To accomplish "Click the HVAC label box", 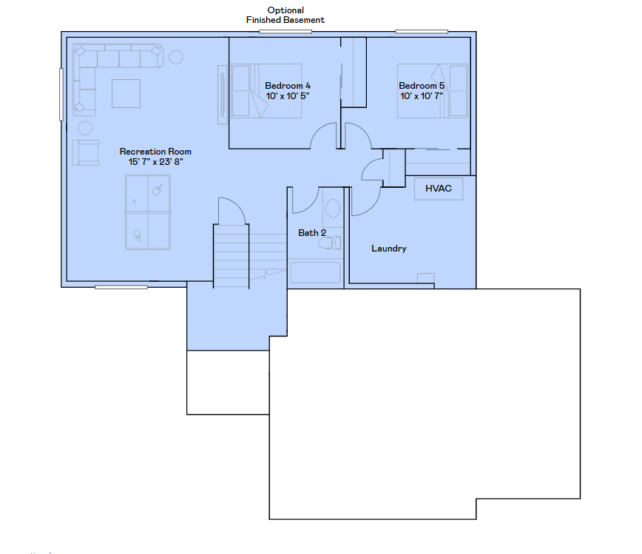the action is pos(439,189).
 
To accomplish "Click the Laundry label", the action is pos(389,249).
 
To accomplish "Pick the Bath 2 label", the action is pos(312,233).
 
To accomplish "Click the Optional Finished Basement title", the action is pos(285,15).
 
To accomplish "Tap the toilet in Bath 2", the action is pos(330,243).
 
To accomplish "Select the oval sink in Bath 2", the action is pos(333,209).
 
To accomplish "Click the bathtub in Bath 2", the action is pos(315,272).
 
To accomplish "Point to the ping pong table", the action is pos(148,212).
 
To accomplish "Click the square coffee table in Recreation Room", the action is pos(126,94).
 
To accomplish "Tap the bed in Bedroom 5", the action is pos(433,91).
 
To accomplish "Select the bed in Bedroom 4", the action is pos(266,91).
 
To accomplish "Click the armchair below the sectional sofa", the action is pos(86,152).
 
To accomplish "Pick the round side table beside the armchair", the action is pos(85,128).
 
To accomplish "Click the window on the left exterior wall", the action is pos(61,95).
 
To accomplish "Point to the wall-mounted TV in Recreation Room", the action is pos(223,95).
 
